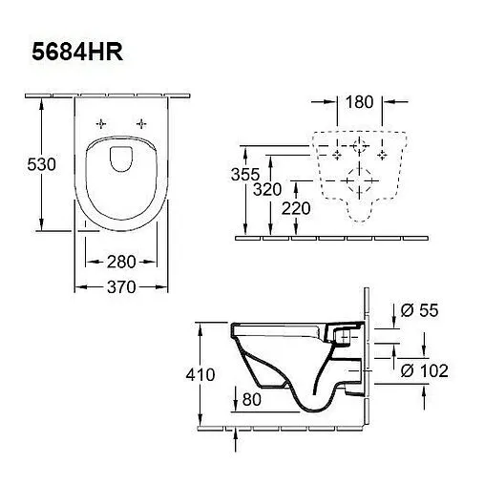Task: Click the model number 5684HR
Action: [x=77, y=52]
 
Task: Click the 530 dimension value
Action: [x=41, y=164]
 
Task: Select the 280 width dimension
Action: [x=121, y=262]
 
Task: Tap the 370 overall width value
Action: [x=121, y=287]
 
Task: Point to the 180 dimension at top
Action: [x=359, y=102]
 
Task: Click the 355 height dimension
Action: [x=245, y=175]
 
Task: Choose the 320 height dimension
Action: [x=267, y=190]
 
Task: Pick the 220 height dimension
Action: [x=296, y=209]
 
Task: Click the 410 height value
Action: [x=200, y=374]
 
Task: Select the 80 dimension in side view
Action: [x=252, y=399]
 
